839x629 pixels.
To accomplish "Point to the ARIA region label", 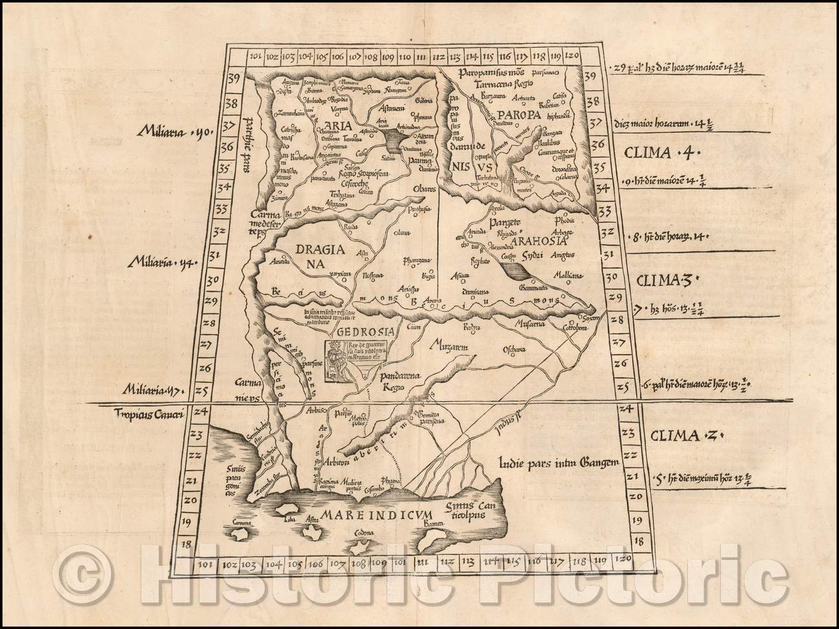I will tap(335, 127).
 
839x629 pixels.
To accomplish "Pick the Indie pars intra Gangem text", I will tap(558, 462).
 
